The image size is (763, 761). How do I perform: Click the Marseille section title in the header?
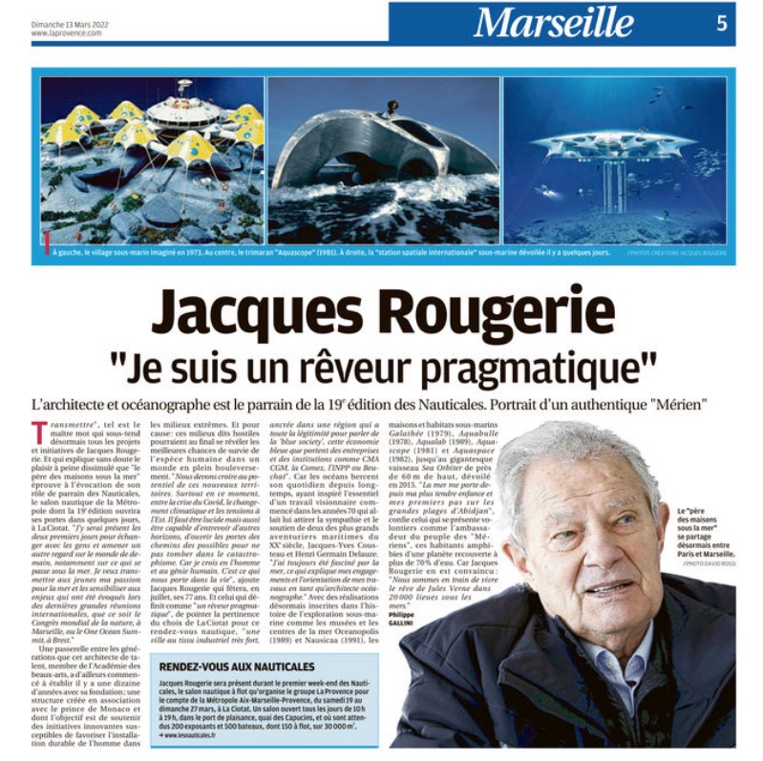[x=553, y=22]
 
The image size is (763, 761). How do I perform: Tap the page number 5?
[x=722, y=23]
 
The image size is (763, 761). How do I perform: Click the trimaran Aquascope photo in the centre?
[x=383, y=159]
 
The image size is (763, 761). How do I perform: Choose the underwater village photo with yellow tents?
[x=152, y=159]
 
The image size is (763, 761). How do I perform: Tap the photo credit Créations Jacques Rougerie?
[x=677, y=252]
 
